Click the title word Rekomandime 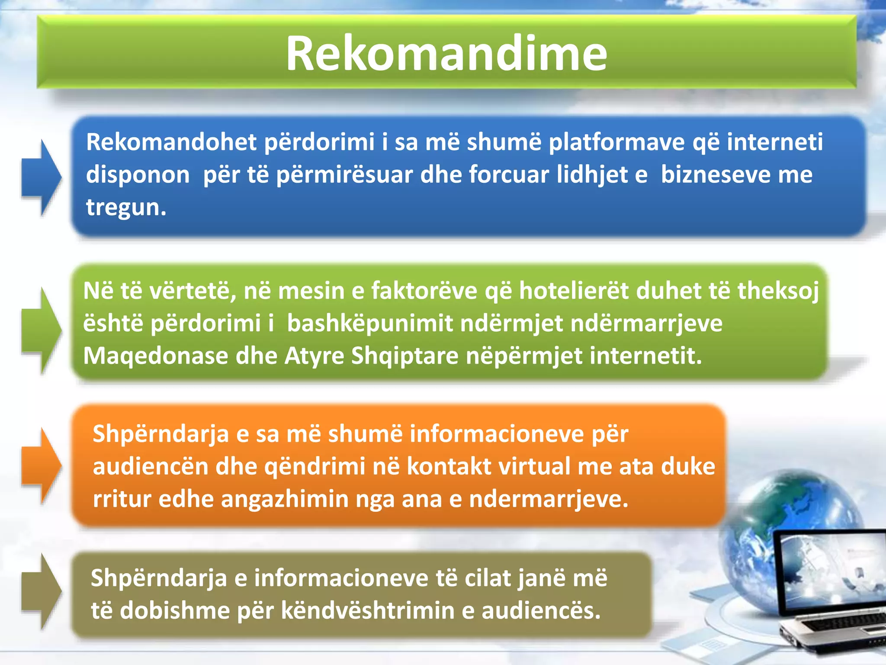point(446,53)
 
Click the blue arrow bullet point(42,178)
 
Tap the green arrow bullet point(42,330)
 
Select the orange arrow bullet point(42,466)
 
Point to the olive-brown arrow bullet point(42,591)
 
